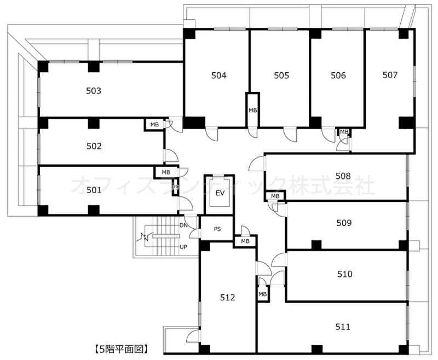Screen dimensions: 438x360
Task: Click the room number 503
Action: point(94,91)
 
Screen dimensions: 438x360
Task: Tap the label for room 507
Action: point(390,75)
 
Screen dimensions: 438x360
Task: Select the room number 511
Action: point(343,327)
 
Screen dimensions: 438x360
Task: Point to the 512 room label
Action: point(227,298)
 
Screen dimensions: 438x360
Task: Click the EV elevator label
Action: point(220,193)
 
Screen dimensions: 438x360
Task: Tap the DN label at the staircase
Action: point(183,225)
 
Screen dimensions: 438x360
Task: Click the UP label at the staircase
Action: point(183,247)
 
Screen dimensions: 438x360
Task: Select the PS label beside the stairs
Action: point(217,229)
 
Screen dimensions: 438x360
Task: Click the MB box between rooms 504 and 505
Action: point(253,110)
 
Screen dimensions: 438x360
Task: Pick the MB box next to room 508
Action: point(275,196)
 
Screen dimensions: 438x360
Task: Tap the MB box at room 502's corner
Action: point(154,124)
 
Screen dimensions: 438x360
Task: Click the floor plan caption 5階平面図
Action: point(120,349)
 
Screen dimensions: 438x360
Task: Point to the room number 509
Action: point(344,223)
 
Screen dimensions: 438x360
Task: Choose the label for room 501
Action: point(94,190)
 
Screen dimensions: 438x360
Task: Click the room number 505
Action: point(281,76)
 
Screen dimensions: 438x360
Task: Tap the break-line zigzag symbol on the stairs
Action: point(145,237)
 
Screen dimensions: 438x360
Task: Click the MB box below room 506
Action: point(344,131)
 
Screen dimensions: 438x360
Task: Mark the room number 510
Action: point(345,274)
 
